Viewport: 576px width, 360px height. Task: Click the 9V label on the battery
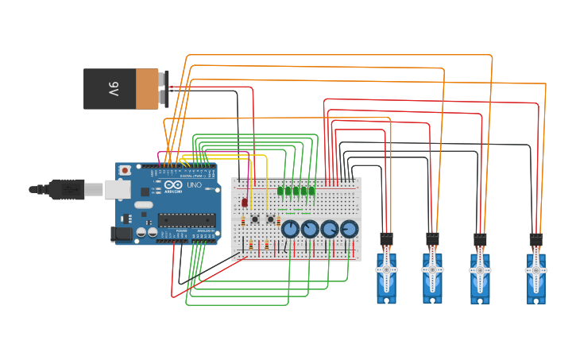coord(114,89)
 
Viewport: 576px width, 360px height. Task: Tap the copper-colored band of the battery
coord(147,88)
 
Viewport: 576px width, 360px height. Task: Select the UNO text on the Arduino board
coord(193,185)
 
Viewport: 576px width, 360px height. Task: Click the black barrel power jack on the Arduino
coord(121,233)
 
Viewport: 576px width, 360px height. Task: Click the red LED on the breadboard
coord(244,203)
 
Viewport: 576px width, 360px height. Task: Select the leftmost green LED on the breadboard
coord(280,191)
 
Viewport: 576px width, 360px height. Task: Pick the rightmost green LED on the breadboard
coord(311,191)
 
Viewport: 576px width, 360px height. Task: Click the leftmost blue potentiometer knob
coord(290,230)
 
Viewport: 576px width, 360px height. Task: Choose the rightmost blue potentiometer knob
coord(349,230)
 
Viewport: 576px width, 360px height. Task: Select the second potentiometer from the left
coord(310,230)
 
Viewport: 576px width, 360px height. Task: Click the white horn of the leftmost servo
coord(387,269)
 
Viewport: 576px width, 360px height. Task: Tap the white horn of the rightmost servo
coord(536,269)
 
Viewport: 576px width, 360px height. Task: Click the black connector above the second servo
coord(432,238)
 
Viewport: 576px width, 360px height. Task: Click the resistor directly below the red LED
coord(243,221)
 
